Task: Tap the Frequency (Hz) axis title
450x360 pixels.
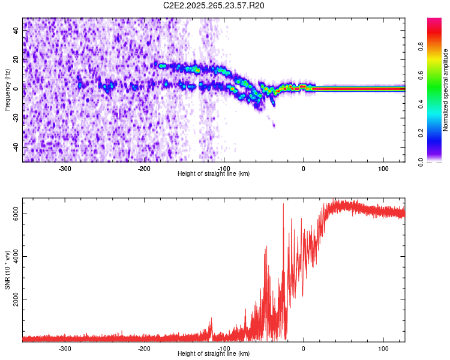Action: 7,89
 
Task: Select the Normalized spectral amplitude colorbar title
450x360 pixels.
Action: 445,90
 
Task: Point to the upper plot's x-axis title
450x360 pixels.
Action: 214,174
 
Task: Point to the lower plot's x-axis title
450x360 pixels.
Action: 214,354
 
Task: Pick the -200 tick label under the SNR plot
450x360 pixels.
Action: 144,349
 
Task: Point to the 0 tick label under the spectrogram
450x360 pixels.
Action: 304,169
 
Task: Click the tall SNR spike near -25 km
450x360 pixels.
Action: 283,207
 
